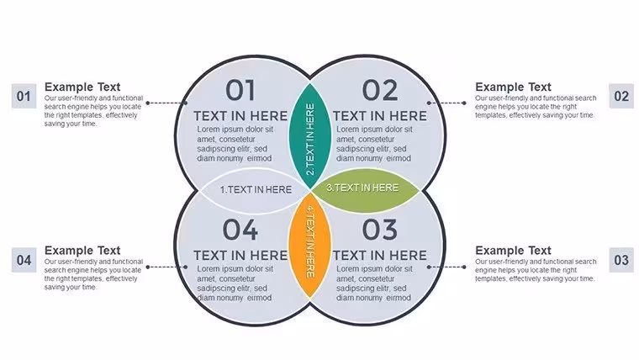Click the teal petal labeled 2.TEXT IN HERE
tap(310, 136)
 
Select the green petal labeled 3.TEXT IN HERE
tap(366, 190)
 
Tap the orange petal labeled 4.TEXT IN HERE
tap(310, 245)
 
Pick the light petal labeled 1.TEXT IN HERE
tap(255, 190)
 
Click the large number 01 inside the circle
tap(240, 91)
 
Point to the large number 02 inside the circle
tap(380, 91)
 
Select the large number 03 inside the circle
tap(380, 230)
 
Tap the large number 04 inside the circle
tap(240, 230)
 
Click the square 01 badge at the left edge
tap(24, 96)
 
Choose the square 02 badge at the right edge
tap(621, 96)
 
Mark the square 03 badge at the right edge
tap(621, 260)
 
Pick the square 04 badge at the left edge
tap(24, 260)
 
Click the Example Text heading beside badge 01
tap(82, 87)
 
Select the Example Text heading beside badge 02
tap(513, 87)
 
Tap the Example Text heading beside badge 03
tap(513, 251)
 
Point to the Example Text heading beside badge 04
tap(82, 251)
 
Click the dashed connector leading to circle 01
tap(166, 103)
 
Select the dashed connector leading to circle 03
tap(446, 267)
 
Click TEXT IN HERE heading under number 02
tap(380, 116)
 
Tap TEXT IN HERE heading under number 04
tap(240, 256)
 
